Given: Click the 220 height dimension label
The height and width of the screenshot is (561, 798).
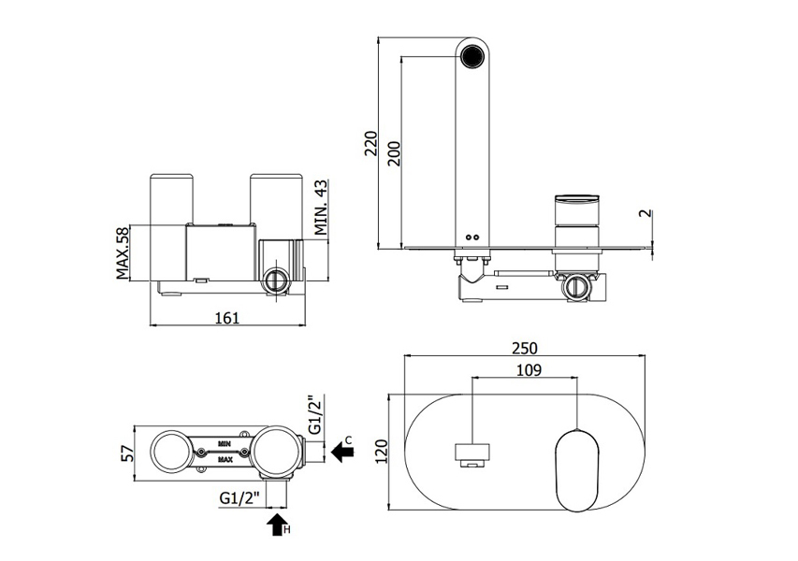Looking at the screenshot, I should pos(370,145).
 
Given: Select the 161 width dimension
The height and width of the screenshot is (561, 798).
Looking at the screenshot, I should pos(228,317).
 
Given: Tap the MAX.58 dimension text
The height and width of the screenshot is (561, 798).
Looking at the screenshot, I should pos(123,253).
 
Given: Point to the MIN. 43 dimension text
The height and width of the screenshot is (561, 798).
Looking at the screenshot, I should pos(320,209).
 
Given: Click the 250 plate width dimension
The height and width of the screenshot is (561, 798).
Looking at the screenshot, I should pos(524,348).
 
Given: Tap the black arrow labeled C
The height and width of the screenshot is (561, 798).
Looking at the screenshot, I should pos(343,453).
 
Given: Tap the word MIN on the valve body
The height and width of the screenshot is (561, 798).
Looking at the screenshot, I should pos(225,439).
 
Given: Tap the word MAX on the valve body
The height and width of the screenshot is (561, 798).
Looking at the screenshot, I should pos(225,460).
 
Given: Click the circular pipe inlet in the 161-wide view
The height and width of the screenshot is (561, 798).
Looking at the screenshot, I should pos(276,280).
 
